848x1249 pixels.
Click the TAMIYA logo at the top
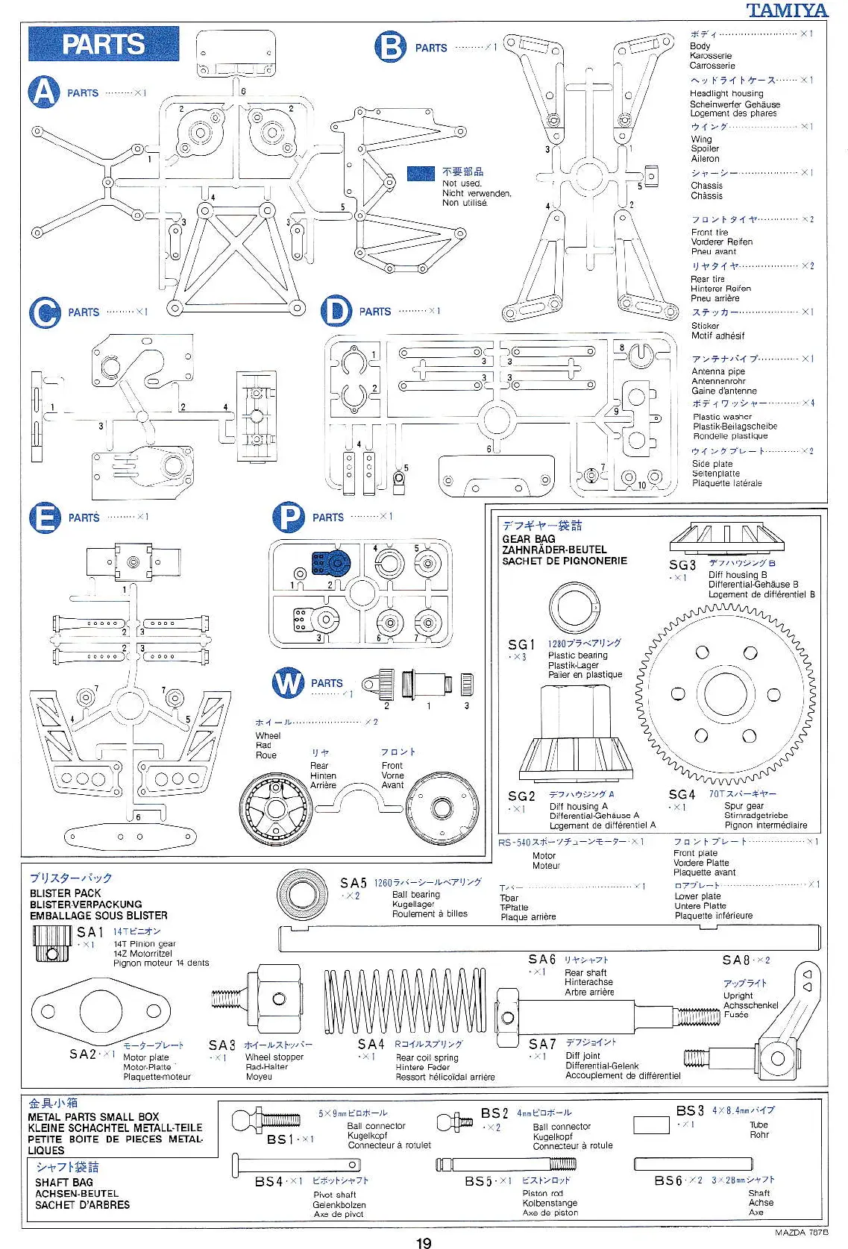coord(787,10)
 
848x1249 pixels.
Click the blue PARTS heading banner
coord(103,44)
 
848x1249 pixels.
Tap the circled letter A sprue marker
coord(44,92)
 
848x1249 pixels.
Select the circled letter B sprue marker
coord(390,47)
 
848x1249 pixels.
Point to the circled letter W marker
coord(288,683)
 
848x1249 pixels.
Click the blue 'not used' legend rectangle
coord(421,173)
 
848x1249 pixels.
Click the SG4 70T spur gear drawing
coord(725,693)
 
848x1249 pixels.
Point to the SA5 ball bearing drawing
coord(301,893)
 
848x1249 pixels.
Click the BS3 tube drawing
coord(651,1125)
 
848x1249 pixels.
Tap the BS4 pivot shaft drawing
coord(297,1164)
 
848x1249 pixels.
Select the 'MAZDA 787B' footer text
coord(801,1232)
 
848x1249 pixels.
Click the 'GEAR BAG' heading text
coord(528,538)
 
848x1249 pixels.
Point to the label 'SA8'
coord(735,960)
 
